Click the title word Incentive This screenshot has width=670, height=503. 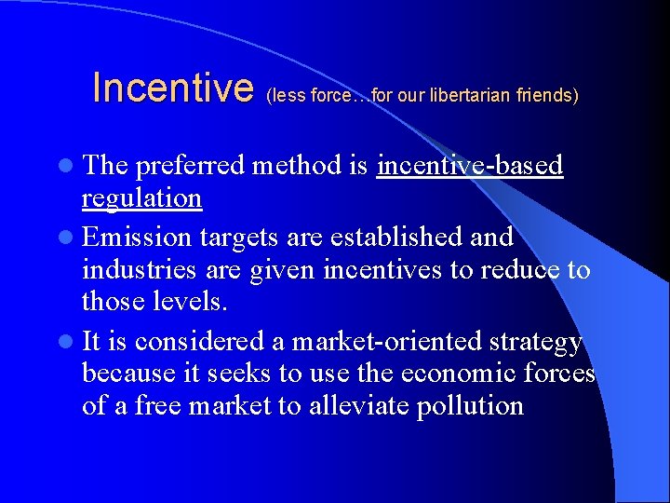pos(173,88)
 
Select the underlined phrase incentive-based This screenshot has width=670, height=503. pos(470,166)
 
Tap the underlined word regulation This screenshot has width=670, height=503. pos(141,198)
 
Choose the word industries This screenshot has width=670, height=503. pos(140,270)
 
